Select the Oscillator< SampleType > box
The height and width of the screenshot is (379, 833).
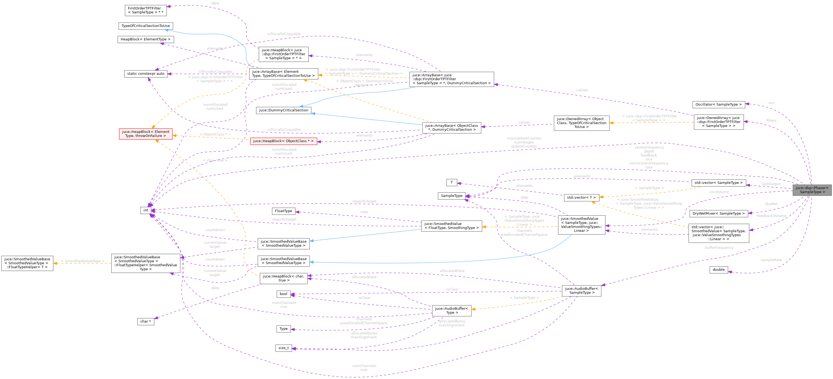tap(718, 105)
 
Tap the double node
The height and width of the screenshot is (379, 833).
tap(718, 270)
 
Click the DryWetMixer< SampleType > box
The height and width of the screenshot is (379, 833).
tap(718, 214)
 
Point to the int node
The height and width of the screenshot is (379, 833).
tap(146, 210)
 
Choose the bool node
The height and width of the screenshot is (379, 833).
tap(283, 294)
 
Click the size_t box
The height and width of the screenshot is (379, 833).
tap(283, 348)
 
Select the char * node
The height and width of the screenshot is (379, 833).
tap(145, 321)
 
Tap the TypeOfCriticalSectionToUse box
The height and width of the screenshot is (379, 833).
tap(145, 26)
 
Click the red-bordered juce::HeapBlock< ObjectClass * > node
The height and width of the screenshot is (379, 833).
tap(283, 141)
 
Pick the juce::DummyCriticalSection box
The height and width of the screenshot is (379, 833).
tap(283, 110)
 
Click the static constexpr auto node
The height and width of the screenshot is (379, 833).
tap(145, 74)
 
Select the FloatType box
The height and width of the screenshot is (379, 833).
tap(283, 211)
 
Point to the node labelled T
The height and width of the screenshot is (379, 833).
tap(451, 183)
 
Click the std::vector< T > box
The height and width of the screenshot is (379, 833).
tap(581, 198)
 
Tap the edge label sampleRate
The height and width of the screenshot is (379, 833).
tap(771, 260)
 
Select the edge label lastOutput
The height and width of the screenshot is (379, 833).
tap(771, 184)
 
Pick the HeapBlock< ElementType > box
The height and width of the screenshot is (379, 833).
tap(145, 39)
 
